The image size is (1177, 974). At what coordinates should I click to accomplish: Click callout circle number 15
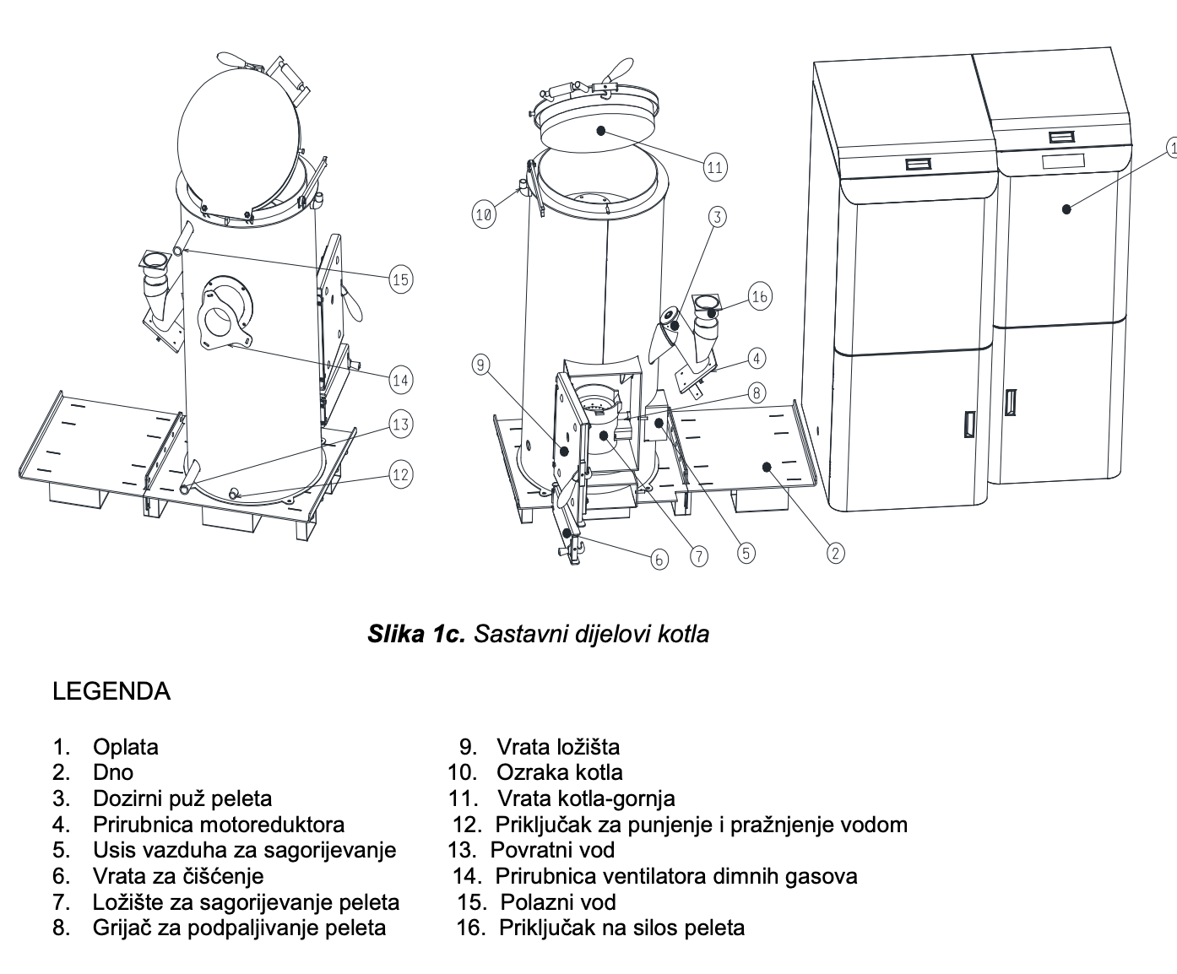(401, 279)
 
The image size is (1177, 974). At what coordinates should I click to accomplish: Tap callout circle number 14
(401, 381)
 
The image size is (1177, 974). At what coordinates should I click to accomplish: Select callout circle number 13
(401, 425)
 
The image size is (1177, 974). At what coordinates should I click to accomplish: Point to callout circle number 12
(401, 474)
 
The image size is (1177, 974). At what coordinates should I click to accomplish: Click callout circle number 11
(715, 166)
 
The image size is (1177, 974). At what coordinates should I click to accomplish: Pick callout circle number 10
(483, 214)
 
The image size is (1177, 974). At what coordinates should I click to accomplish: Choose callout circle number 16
(760, 296)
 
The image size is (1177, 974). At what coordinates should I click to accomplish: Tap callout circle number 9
(480, 365)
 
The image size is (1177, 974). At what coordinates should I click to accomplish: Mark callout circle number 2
(835, 553)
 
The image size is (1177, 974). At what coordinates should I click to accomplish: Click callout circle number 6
(660, 559)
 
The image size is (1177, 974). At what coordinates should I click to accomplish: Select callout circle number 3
(717, 217)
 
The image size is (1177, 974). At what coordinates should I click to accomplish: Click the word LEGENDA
(111, 691)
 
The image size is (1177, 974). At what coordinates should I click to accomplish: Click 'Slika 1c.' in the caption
(416, 634)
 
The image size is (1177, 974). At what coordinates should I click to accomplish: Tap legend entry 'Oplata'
(126, 747)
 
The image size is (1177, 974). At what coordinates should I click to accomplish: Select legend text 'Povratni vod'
(553, 850)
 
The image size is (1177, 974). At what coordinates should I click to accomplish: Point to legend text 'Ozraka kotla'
(560, 772)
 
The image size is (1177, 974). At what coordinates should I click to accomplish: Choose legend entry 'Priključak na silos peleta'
(622, 928)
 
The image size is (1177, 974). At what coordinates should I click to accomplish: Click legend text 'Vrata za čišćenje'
(178, 876)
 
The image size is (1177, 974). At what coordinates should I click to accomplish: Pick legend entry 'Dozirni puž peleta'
(182, 798)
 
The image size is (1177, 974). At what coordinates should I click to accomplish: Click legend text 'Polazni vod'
(558, 902)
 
